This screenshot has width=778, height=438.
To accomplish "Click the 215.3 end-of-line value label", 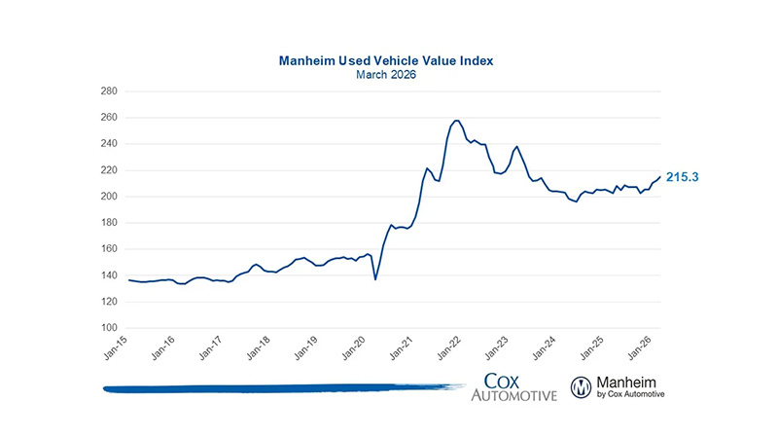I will click(x=684, y=177).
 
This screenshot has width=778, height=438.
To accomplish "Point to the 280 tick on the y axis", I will click(x=108, y=91).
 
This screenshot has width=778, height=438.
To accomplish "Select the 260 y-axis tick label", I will click(x=108, y=118).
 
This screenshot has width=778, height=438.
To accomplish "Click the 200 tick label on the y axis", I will click(x=108, y=197).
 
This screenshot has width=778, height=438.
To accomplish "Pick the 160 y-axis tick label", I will click(x=108, y=249).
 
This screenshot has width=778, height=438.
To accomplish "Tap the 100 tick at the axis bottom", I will click(x=108, y=328).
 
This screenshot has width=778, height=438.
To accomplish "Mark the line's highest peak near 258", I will click(x=457, y=121).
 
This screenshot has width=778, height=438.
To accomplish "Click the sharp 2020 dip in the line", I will click(x=375, y=279).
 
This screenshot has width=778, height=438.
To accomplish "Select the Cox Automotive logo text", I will click(x=513, y=386).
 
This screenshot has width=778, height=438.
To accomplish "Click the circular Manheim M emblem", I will click(x=582, y=386).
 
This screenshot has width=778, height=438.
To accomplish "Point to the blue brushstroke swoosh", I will click(x=282, y=388).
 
